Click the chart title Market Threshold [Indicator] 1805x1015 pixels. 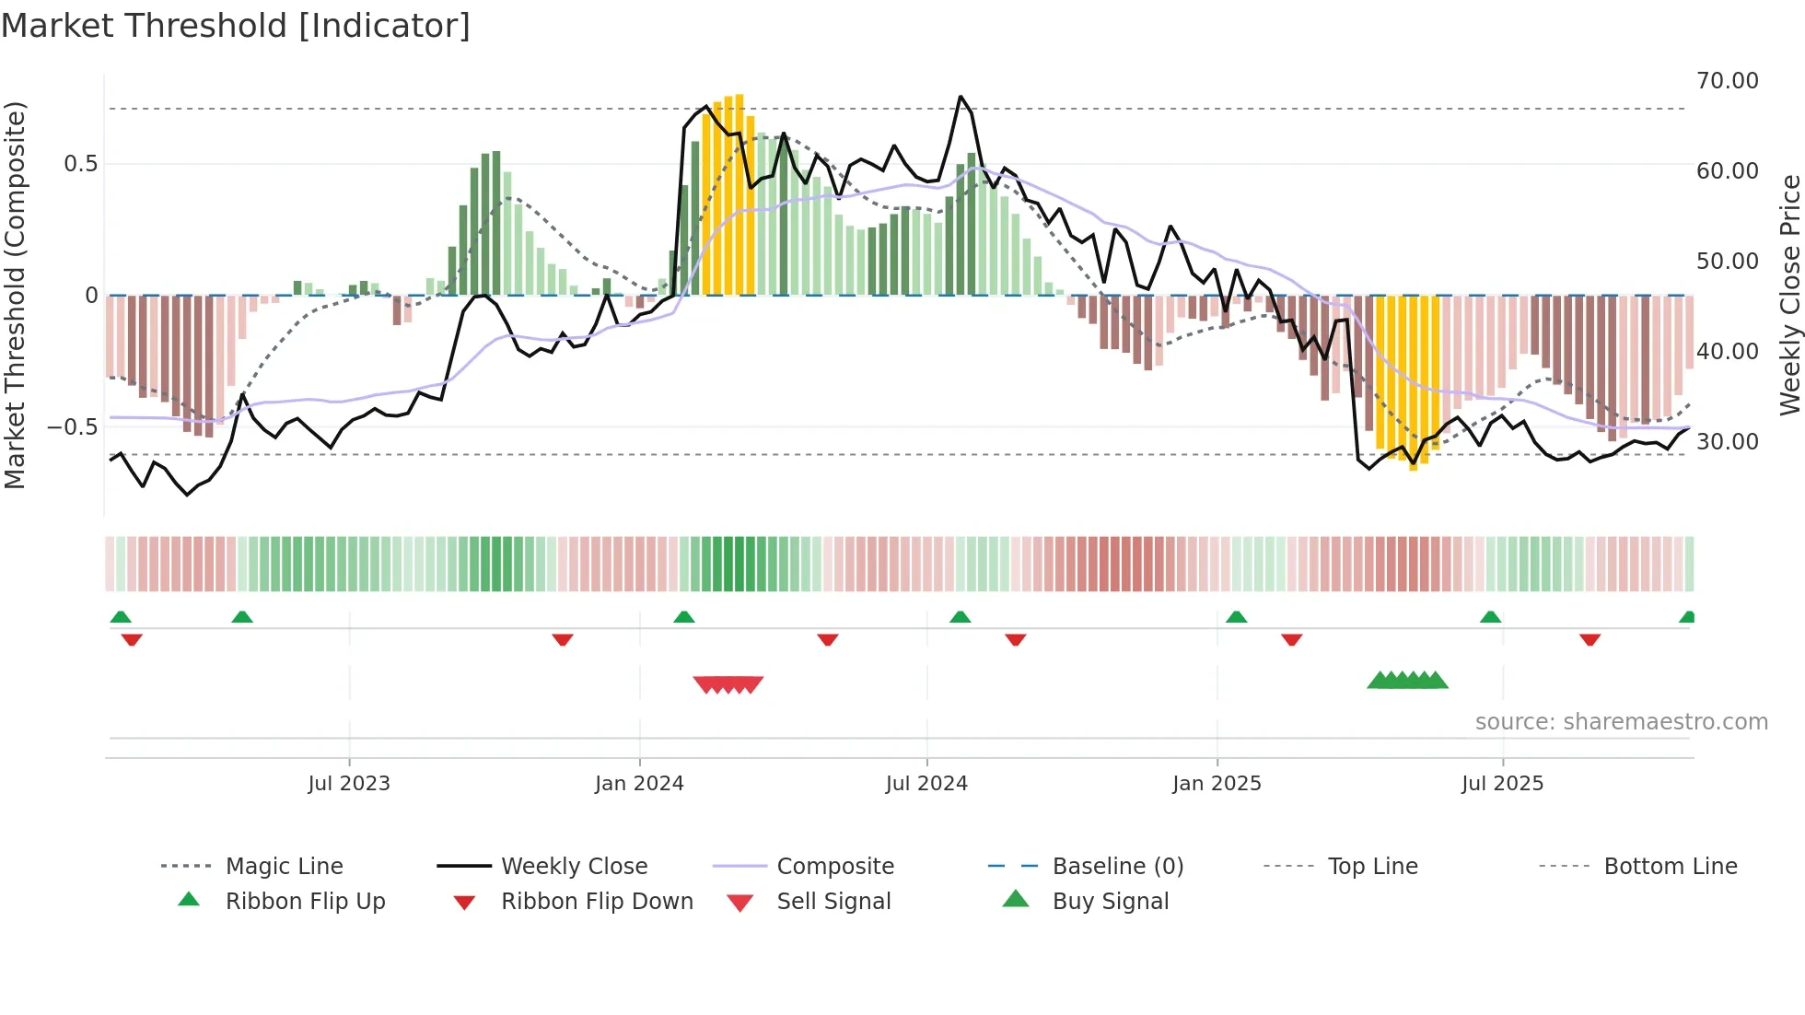[x=236, y=26]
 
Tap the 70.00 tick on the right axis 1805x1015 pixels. [x=1727, y=81]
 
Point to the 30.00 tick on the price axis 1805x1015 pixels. [x=1727, y=442]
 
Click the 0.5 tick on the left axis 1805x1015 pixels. [x=80, y=164]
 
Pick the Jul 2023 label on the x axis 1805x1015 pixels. [x=349, y=784]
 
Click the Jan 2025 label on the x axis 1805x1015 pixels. [x=1217, y=784]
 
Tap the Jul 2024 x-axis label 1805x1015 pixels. [x=926, y=784]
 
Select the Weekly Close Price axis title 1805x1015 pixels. [x=1789, y=295]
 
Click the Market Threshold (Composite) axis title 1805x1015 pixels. [x=15, y=295]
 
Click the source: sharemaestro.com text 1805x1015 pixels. [x=1621, y=722]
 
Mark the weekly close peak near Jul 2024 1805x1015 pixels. [x=961, y=97]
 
